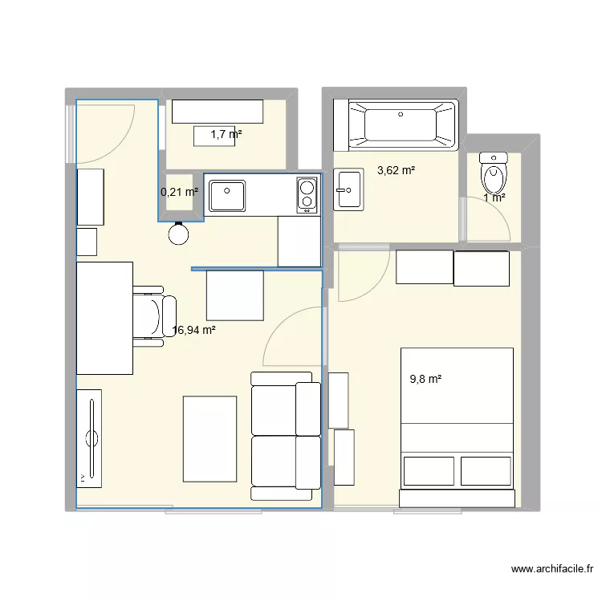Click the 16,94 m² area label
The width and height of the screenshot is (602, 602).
click(x=193, y=329)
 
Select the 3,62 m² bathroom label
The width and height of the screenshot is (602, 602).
click(x=396, y=170)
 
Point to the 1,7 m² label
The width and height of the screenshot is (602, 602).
click(x=226, y=135)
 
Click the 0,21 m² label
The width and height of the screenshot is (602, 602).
click(x=179, y=192)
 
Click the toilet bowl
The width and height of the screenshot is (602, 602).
click(x=492, y=171)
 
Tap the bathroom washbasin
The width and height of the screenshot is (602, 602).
click(x=348, y=189)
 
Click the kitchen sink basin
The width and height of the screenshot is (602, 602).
click(x=228, y=193)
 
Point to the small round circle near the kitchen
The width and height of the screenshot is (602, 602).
click(x=179, y=234)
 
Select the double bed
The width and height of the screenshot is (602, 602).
click(x=457, y=426)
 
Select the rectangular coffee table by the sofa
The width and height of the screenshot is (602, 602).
click(x=209, y=441)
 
